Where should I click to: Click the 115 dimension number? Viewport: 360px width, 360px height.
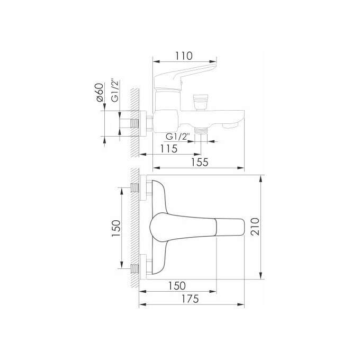click(x=168, y=149)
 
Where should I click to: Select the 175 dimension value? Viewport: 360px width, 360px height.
click(x=189, y=299)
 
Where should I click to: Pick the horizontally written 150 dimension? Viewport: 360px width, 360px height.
click(x=177, y=285)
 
